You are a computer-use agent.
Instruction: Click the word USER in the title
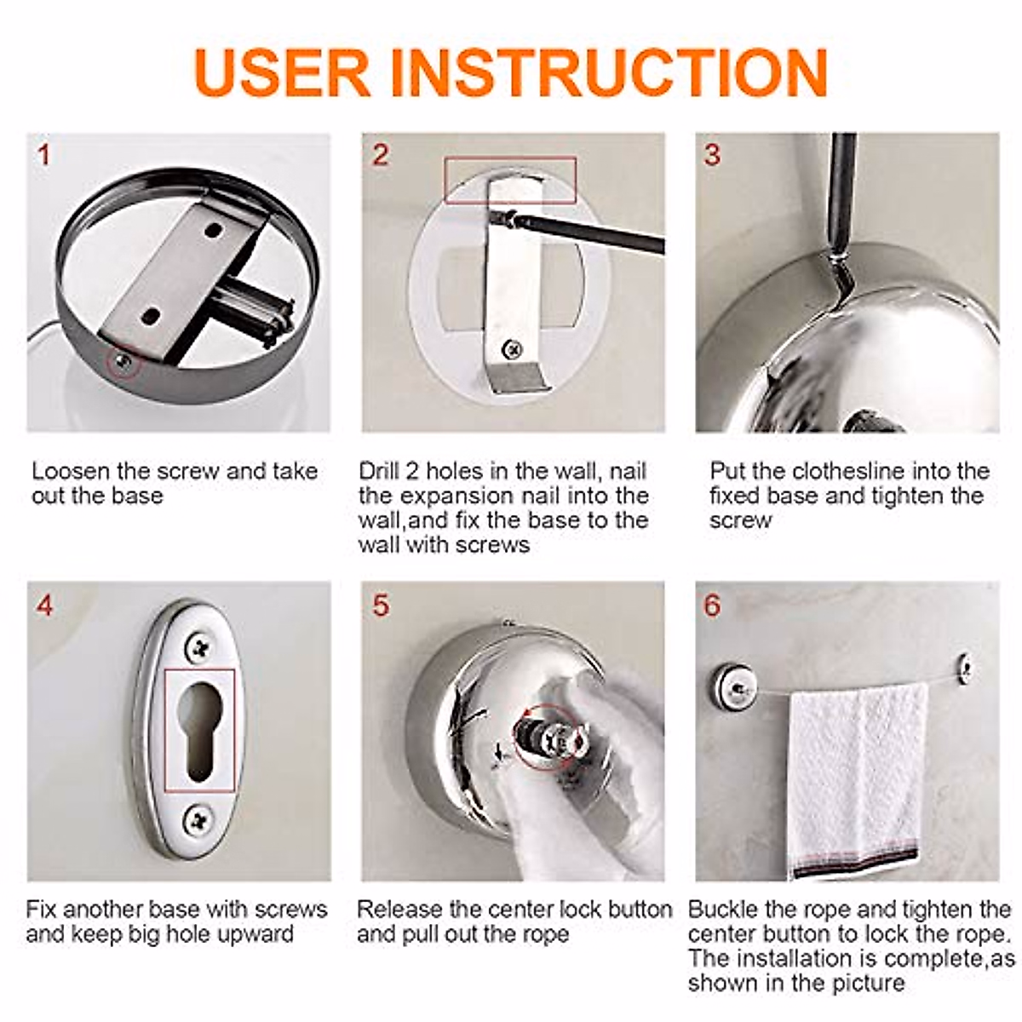coord(282,72)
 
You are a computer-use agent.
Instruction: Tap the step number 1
coord(43,155)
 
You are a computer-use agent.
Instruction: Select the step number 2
coord(380,155)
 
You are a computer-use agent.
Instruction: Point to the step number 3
coord(712,155)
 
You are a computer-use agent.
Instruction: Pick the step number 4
coord(45,606)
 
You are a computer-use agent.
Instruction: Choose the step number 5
coord(380,606)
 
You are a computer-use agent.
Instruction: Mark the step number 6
coord(712,606)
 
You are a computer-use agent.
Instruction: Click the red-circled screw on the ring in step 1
coord(123,362)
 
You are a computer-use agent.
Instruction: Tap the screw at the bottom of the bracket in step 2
coord(512,349)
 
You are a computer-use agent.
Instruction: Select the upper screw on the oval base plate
coord(199,647)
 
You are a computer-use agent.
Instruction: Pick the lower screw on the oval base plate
coord(199,819)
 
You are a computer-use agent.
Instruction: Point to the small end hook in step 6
coord(967,670)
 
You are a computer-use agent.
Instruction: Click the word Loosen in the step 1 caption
coord(71,471)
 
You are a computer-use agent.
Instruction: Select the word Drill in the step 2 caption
coord(379,471)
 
